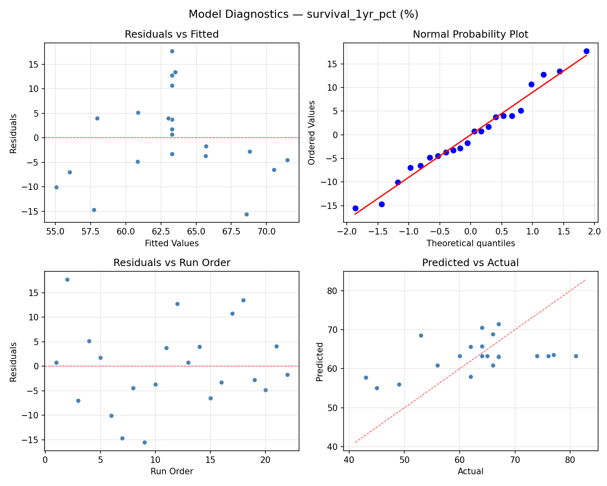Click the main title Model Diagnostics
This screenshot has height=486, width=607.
click(x=303, y=15)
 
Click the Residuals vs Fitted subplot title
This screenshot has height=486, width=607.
click(x=172, y=34)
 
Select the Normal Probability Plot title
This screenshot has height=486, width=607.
click(x=470, y=34)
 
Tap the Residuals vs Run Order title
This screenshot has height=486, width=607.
click(x=172, y=263)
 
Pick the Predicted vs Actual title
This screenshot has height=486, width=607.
click(x=470, y=263)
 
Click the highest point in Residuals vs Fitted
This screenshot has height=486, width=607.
click(x=172, y=51)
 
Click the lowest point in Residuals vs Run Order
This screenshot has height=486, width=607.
click(x=144, y=442)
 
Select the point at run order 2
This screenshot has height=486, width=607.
click(x=67, y=279)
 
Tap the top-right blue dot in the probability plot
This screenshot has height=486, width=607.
click(x=586, y=51)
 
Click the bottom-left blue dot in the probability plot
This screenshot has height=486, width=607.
click(x=355, y=208)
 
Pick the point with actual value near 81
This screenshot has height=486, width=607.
click(x=576, y=356)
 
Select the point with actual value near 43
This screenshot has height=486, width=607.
click(x=366, y=377)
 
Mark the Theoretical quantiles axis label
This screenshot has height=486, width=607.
click(x=470, y=243)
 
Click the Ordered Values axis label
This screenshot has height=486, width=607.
click(x=311, y=132)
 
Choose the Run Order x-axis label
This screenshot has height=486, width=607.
click(x=172, y=471)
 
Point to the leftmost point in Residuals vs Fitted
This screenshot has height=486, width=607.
click(x=56, y=187)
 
